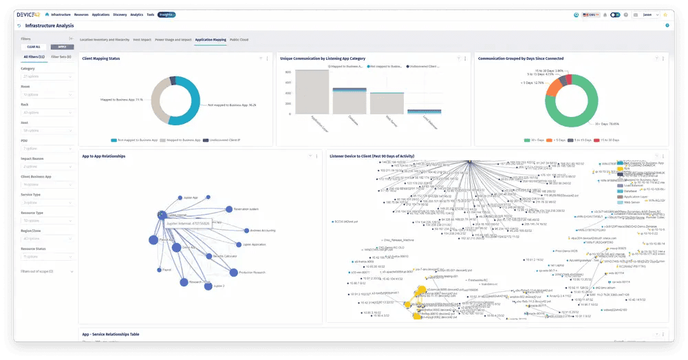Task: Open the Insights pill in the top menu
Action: [x=166, y=14]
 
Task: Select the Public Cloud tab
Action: [x=239, y=40]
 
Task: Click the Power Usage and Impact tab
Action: [x=173, y=40]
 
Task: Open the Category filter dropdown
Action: [x=47, y=76]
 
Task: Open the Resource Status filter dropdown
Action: [x=47, y=256]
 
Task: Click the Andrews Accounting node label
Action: [x=259, y=231]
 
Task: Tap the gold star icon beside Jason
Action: [x=665, y=14]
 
